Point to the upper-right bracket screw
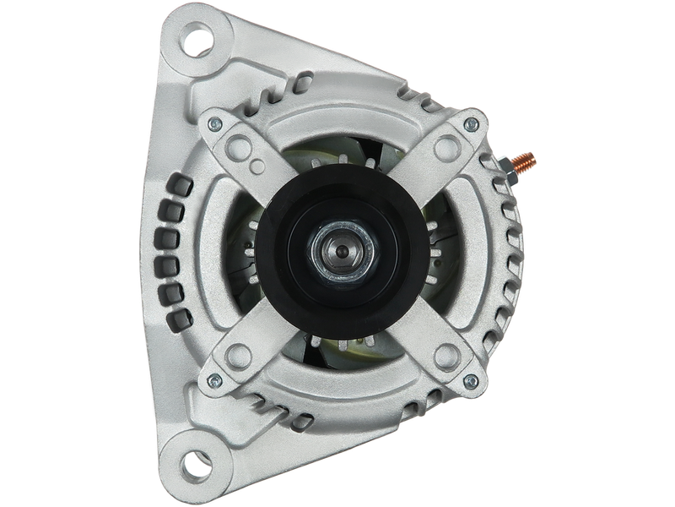[472, 124]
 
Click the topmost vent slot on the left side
[178, 183]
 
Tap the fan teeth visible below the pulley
[337, 346]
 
